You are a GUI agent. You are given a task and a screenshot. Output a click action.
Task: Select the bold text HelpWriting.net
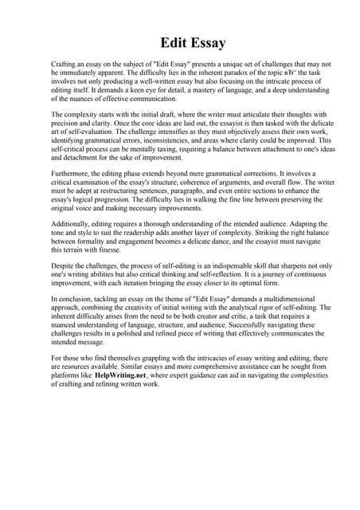120,373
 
